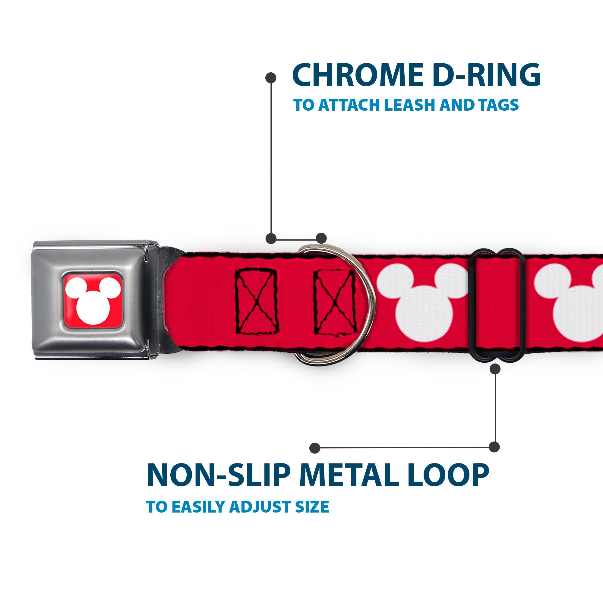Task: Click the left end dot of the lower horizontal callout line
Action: coord(315,448)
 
